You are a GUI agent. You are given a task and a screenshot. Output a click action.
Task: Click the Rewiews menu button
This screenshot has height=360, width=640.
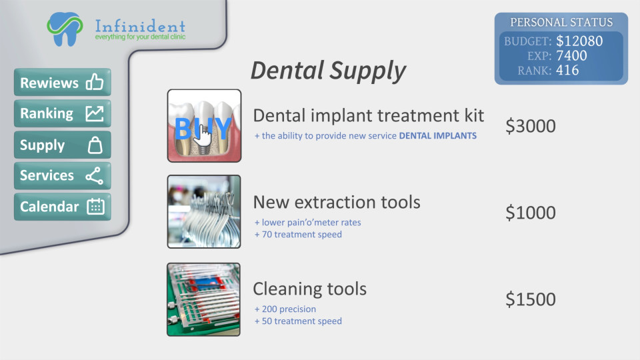pos(63,82)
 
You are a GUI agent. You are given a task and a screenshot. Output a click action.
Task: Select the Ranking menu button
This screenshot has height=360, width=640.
pos(63,113)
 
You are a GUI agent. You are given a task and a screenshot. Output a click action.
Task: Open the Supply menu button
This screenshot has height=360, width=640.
pos(63,145)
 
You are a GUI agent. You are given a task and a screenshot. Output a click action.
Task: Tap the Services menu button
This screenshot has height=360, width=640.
pos(63,176)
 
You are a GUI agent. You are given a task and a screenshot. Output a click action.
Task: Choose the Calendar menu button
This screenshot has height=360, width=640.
pos(63,207)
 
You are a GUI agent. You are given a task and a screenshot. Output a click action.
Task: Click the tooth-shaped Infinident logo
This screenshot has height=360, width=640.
pos(65,29)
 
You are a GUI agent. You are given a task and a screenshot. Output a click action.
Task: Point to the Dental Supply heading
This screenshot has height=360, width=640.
pos(328,71)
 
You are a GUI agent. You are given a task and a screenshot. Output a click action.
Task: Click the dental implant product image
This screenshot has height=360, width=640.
pos(204,126)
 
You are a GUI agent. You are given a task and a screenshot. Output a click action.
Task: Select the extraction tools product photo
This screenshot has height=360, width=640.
pos(204,212)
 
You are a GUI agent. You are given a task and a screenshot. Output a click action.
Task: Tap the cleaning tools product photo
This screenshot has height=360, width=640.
pos(204,299)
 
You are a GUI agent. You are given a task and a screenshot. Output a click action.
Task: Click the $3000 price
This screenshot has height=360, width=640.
pos(530,126)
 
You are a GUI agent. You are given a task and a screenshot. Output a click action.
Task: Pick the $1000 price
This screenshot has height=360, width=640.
pos(530,213)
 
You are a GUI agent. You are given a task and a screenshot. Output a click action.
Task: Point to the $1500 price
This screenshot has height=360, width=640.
pos(530,299)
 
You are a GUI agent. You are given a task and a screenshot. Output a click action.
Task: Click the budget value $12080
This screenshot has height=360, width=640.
pos(579,41)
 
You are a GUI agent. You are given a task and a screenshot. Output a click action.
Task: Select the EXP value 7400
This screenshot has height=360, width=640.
pos(571,55)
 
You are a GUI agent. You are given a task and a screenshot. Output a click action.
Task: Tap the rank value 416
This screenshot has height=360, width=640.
pos(567,70)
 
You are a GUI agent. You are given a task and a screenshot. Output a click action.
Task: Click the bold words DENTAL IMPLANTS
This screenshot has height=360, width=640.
pos(437,135)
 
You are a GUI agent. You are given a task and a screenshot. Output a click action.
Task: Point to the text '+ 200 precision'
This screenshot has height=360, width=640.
pos(285,309)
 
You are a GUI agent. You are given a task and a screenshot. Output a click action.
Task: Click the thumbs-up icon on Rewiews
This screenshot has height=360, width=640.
pos(95,81)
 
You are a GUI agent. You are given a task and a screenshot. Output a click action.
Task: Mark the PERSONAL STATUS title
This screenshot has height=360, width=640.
pos(561,22)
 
